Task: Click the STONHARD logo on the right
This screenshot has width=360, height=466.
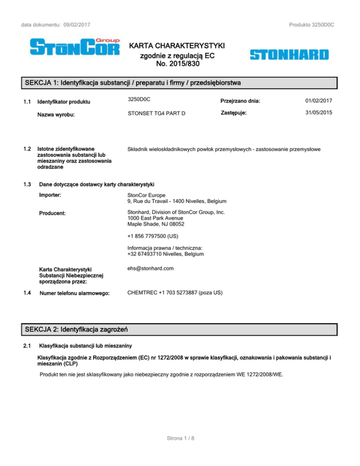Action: pyautogui.click(x=289, y=55)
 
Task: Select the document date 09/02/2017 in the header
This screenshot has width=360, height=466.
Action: pyautogui.click(x=75, y=24)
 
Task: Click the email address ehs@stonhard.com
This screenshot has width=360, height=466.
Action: pyautogui.click(x=150, y=269)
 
